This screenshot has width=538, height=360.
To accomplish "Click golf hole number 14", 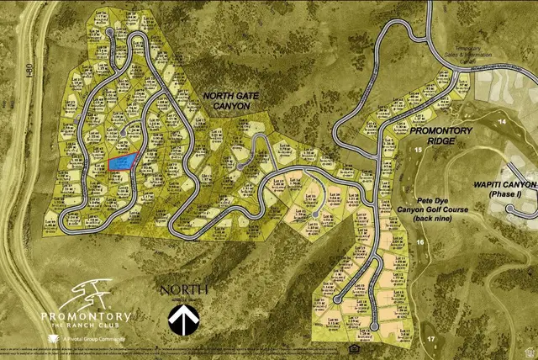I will (502, 122).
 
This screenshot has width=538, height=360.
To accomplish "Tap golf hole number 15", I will (418, 149).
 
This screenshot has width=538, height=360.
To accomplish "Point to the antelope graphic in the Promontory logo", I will (84, 294).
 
